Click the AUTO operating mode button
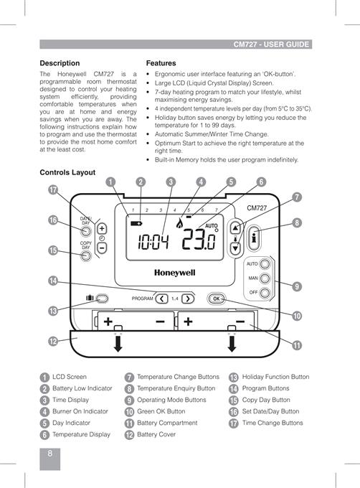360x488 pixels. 265,264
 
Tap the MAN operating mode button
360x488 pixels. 265,278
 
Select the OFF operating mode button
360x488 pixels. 265,293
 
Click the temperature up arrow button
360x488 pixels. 236,227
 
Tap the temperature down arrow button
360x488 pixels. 236,248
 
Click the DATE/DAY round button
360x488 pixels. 86,231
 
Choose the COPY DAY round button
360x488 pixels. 86,255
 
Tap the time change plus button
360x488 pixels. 102,229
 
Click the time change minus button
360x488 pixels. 102,248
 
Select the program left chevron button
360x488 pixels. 161,299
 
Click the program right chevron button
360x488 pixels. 188,299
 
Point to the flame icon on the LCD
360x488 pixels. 179,223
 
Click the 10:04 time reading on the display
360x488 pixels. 153,242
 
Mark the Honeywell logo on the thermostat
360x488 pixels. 175,273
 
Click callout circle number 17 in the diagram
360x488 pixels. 53,190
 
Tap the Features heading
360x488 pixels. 161,63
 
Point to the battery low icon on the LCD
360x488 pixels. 136,223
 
